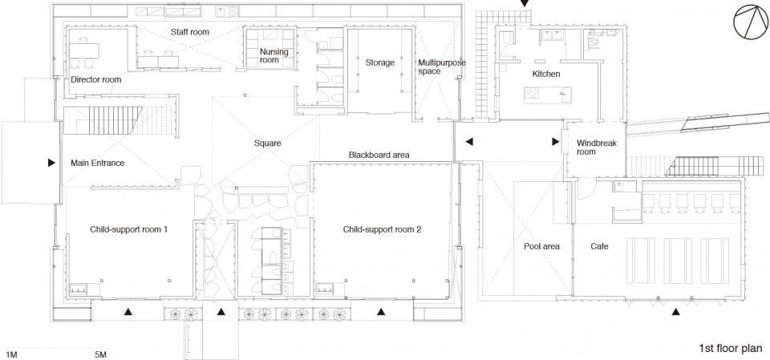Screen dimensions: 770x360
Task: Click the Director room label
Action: (x=95, y=79)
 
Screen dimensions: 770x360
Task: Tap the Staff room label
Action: (x=190, y=32)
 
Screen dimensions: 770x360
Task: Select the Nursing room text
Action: (x=274, y=55)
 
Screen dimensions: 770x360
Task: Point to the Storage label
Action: (x=379, y=63)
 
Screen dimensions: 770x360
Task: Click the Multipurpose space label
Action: (x=442, y=67)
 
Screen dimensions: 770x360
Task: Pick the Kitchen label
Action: (x=546, y=74)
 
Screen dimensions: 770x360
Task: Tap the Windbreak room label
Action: (x=596, y=148)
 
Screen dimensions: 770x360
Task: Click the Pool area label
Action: (x=541, y=246)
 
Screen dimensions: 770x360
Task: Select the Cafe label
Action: (x=599, y=246)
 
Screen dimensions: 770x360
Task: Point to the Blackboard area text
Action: (x=379, y=155)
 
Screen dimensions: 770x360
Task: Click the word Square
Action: (x=268, y=144)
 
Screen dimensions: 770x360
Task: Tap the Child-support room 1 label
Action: (x=129, y=229)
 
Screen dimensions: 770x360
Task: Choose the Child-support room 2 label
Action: (x=382, y=229)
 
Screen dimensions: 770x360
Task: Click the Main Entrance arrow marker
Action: (x=51, y=163)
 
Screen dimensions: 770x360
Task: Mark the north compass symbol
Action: (x=751, y=23)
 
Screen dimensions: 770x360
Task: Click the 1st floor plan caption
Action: (x=731, y=349)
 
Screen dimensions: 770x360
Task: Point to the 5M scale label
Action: (x=100, y=354)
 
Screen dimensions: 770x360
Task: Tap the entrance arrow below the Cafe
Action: (x=675, y=311)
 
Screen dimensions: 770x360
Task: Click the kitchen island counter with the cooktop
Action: (x=548, y=95)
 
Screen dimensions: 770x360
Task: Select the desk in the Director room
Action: (x=84, y=51)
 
